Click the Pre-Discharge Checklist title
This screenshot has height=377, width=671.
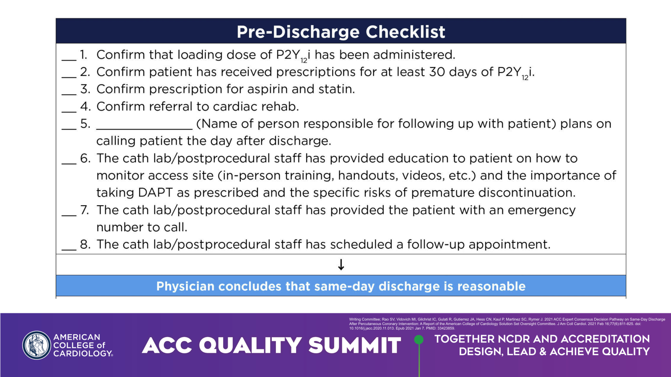click(341, 32)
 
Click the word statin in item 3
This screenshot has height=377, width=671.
click(336, 89)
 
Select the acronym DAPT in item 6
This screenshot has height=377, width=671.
click(155, 192)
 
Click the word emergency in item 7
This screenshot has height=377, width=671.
click(541, 210)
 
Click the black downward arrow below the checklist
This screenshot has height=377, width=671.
click(341, 264)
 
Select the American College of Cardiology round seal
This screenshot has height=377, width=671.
click(36, 345)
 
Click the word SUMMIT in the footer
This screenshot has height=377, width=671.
click(355, 345)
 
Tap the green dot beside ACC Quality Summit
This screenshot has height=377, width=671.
click(419, 339)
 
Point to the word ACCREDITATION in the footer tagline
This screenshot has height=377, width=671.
click(605, 339)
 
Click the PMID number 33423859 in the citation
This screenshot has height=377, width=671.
click(446, 328)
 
